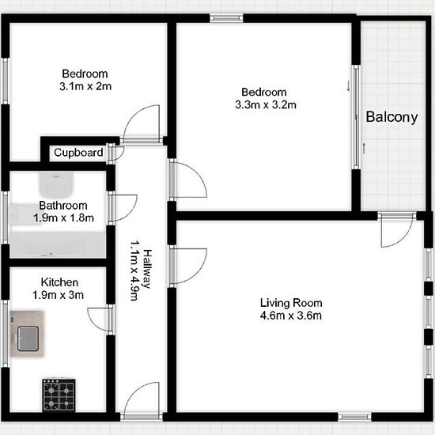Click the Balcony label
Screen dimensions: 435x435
pos(391,117)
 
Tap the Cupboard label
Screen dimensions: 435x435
pos(78,153)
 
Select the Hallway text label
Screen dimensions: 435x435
pos(147,269)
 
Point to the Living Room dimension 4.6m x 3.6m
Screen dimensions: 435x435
pos(291,316)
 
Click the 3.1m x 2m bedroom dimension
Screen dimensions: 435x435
pos(85,86)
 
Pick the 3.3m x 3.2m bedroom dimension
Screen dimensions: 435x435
pos(266,105)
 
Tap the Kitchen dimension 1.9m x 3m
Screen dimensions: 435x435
pos(58,295)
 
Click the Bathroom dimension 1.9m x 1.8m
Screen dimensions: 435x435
pos(63,217)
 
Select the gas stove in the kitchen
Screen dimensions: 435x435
pos(59,395)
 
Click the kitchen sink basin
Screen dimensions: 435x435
pos(28,339)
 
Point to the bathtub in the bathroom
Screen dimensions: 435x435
pos(58,244)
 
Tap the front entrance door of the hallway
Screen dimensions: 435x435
pos(142,400)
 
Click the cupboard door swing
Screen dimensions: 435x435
pos(116,153)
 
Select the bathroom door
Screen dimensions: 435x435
pos(123,208)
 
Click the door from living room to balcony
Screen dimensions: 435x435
pos(397,229)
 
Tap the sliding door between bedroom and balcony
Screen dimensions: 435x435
pos(357,117)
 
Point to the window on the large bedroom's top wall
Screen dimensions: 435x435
pos(226,18)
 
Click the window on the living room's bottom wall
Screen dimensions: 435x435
pos(354,416)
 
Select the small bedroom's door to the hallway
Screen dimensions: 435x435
pos(142,124)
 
